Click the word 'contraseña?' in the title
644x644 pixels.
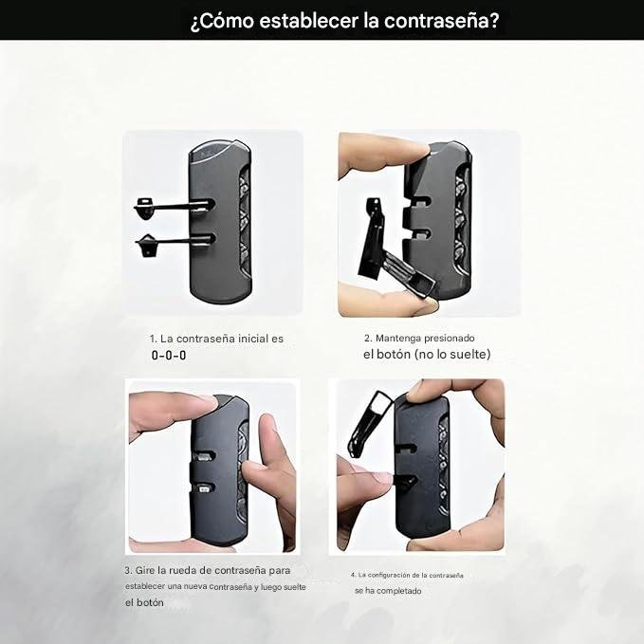point(442,21)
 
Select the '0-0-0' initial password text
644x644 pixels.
point(169,356)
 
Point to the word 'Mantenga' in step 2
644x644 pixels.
point(398,339)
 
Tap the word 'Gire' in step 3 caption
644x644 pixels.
point(145,570)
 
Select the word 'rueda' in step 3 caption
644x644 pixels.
point(184,570)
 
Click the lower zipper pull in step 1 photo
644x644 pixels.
point(175,243)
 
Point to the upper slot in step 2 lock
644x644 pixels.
point(420,202)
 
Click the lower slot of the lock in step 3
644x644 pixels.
point(204,488)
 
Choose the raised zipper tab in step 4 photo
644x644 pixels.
point(369,424)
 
